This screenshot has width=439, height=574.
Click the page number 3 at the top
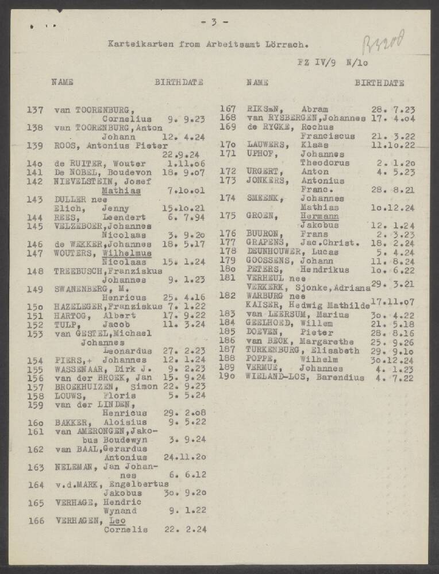(214, 22)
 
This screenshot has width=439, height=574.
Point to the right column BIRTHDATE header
(379, 83)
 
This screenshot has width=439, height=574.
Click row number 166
(36, 521)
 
